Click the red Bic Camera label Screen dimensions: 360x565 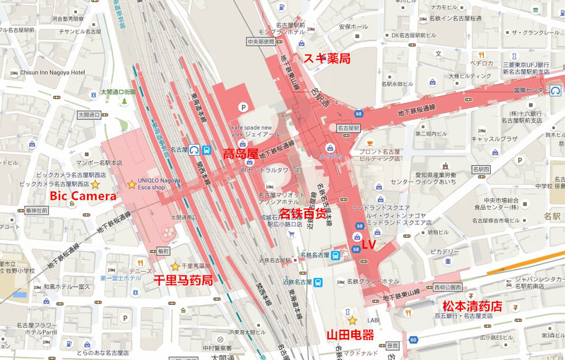coord(82,196)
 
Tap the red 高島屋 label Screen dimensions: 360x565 coord(240,153)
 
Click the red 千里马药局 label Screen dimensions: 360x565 coord(183,280)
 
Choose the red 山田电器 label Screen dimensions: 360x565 coord(350,335)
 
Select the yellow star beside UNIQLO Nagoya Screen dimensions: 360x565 coord(131,184)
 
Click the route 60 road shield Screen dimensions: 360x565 coord(412,340)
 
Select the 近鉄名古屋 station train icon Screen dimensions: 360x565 coord(319,282)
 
